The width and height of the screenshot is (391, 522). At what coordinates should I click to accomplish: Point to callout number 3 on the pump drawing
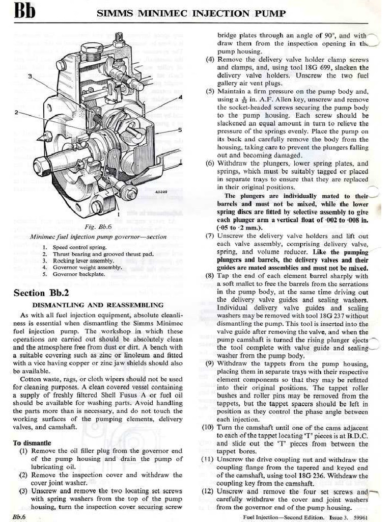click(30, 76)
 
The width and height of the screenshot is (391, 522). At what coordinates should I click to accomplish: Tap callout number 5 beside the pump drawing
click(180, 130)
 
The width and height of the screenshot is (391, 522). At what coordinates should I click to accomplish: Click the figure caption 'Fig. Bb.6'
click(98, 226)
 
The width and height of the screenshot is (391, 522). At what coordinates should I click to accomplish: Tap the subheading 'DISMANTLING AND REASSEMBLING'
click(98, 305)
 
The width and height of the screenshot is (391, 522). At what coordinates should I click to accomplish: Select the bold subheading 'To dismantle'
click(32, 442)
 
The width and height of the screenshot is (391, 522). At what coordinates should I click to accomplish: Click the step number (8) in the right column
click(210, 276)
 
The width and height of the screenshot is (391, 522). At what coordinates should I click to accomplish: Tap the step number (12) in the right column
click(208, 491)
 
